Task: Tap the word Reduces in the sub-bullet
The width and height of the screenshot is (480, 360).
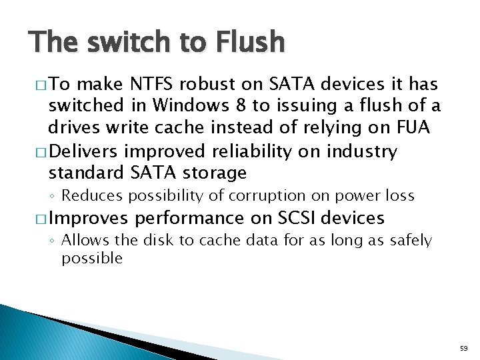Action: (89, 196)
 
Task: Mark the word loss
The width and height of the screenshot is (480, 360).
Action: (399, 196)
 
